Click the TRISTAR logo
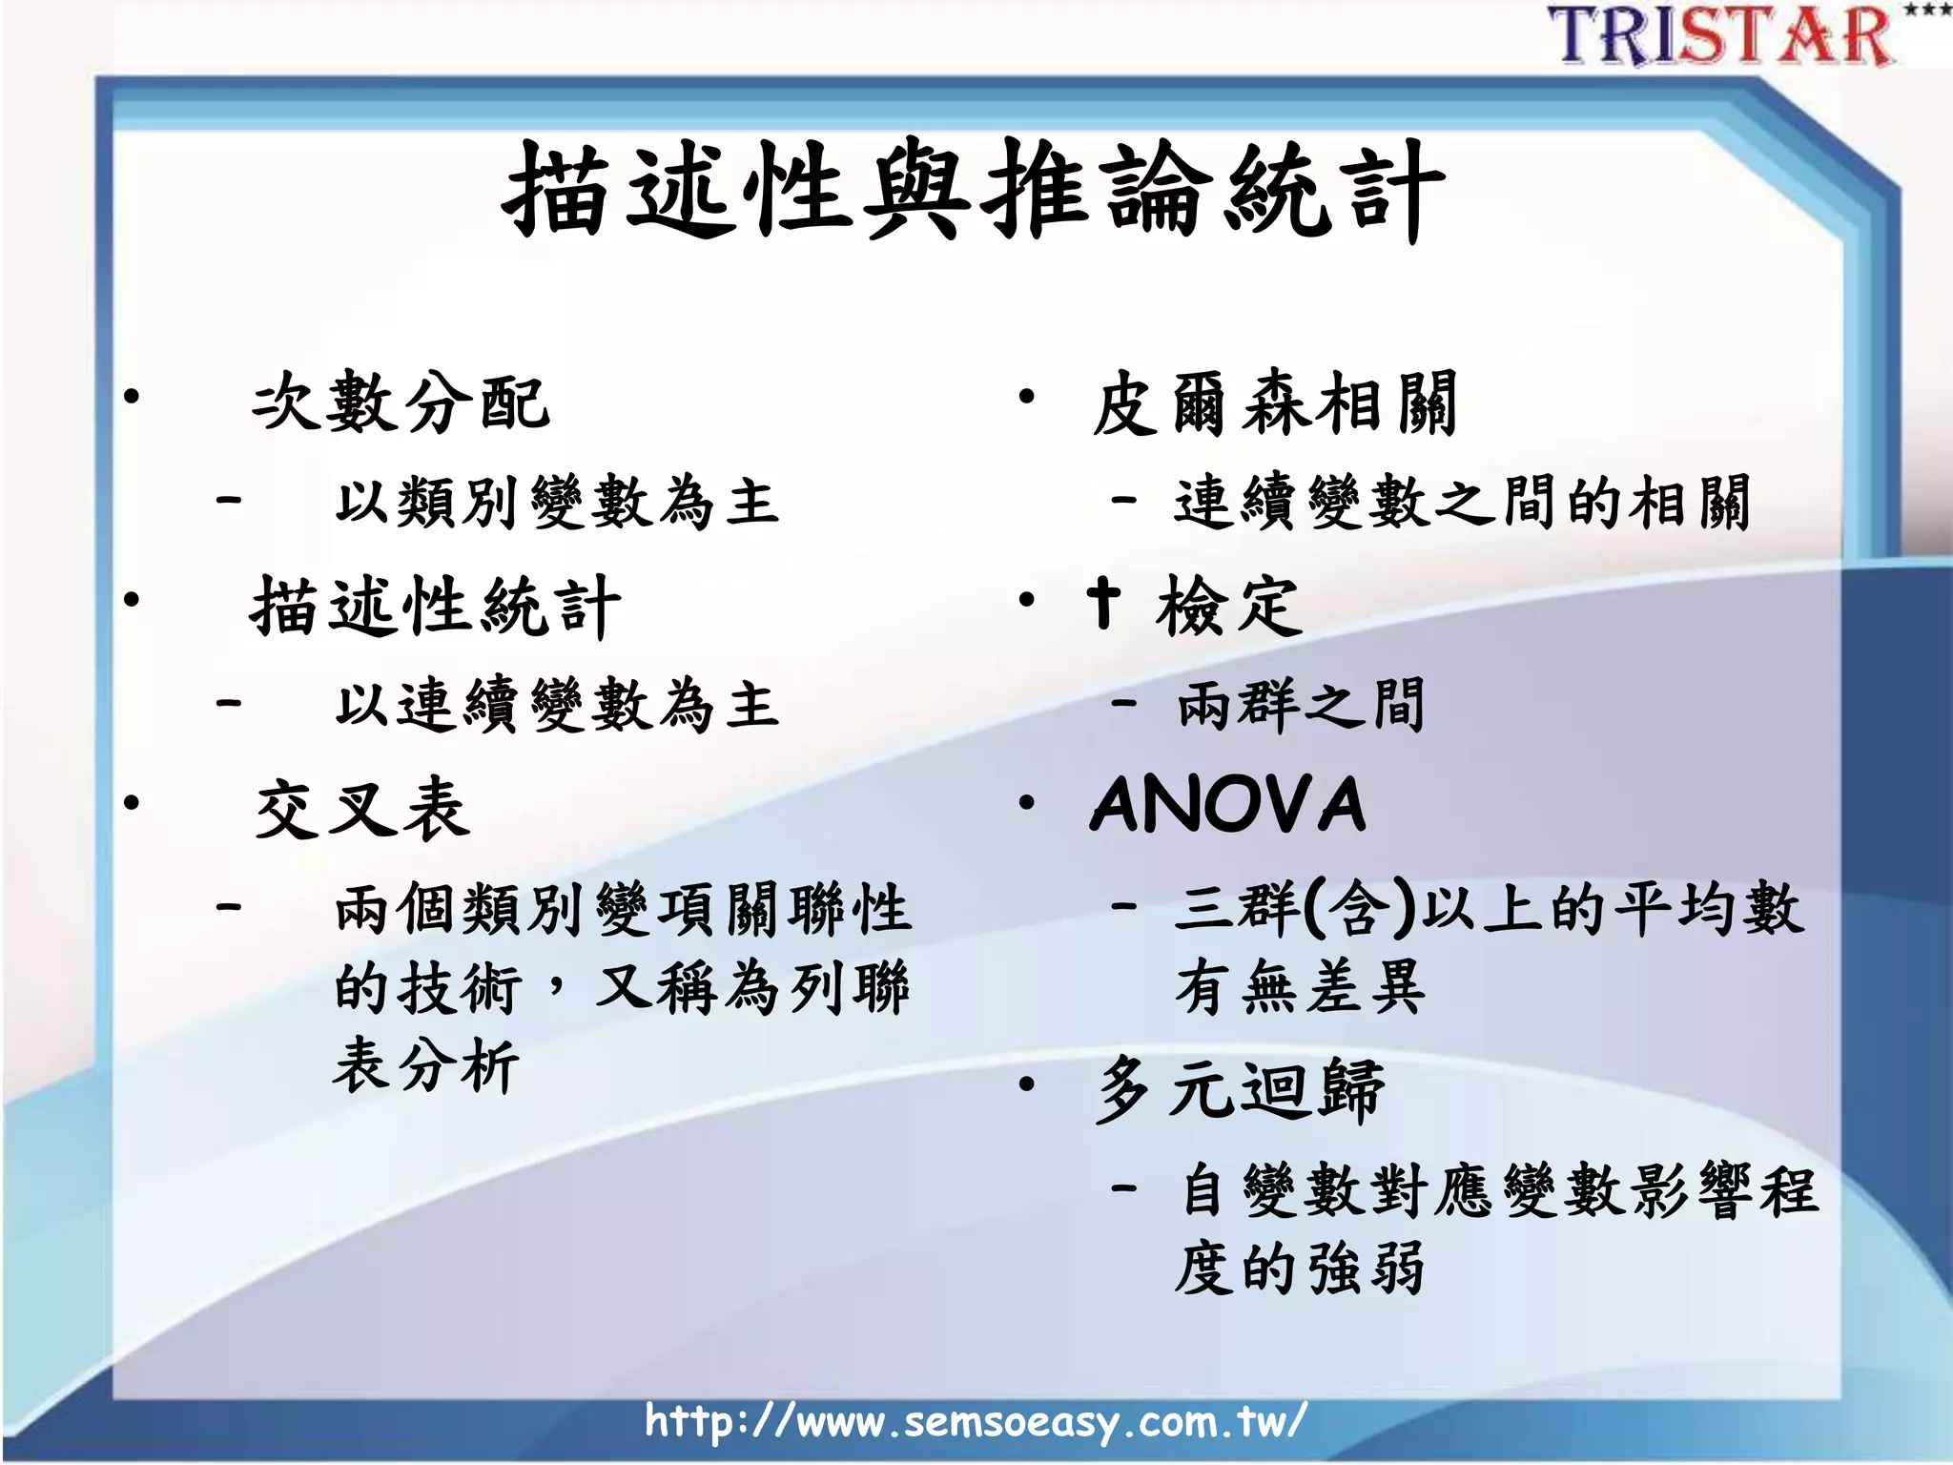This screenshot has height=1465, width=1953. (1722, 36)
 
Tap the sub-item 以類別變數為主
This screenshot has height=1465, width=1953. (557, 503)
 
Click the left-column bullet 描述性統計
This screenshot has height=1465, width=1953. (435, 607)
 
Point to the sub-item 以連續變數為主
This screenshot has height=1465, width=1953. (557, 706)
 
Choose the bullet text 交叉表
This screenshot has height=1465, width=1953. (362, 809)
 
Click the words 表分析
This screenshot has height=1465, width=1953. (425, 1064)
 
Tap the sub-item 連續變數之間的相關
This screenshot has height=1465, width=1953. (1461, 503)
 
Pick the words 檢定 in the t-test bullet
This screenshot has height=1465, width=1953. (1228, 607)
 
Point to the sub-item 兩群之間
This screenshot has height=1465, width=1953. (1301, 706)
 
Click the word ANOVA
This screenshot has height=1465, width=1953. (1228, 805)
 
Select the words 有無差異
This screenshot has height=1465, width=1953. (1301, 987)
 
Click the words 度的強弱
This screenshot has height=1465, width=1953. (1301, 1269)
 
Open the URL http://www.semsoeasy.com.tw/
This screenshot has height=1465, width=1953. (975, 1421)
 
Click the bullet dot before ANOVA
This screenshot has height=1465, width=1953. (1026, 803)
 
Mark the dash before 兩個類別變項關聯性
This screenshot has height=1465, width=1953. (229, 906)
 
